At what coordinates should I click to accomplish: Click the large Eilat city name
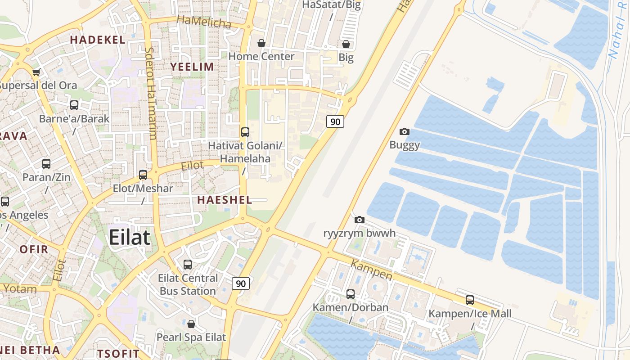129,237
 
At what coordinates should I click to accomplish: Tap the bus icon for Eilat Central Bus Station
188,265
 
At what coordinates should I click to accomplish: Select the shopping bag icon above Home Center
261,43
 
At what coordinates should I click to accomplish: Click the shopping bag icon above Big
346,44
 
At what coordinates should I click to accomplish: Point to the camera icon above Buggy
405,131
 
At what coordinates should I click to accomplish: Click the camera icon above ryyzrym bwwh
359,220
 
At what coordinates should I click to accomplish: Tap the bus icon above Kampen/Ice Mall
470,300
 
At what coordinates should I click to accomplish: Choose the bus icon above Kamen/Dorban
351,294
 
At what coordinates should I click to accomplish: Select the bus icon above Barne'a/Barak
74,105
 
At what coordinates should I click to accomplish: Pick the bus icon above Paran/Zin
46,164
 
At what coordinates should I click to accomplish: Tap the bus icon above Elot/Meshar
143,175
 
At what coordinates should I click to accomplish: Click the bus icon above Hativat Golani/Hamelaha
245,132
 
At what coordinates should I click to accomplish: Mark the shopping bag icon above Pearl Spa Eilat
191,324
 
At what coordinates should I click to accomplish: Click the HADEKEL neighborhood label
98,40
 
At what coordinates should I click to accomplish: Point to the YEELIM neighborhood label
192,67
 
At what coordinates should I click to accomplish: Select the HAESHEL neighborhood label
225,200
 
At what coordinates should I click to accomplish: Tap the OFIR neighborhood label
34,249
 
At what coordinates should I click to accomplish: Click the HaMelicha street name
204,21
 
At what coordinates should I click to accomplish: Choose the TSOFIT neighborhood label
118,353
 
